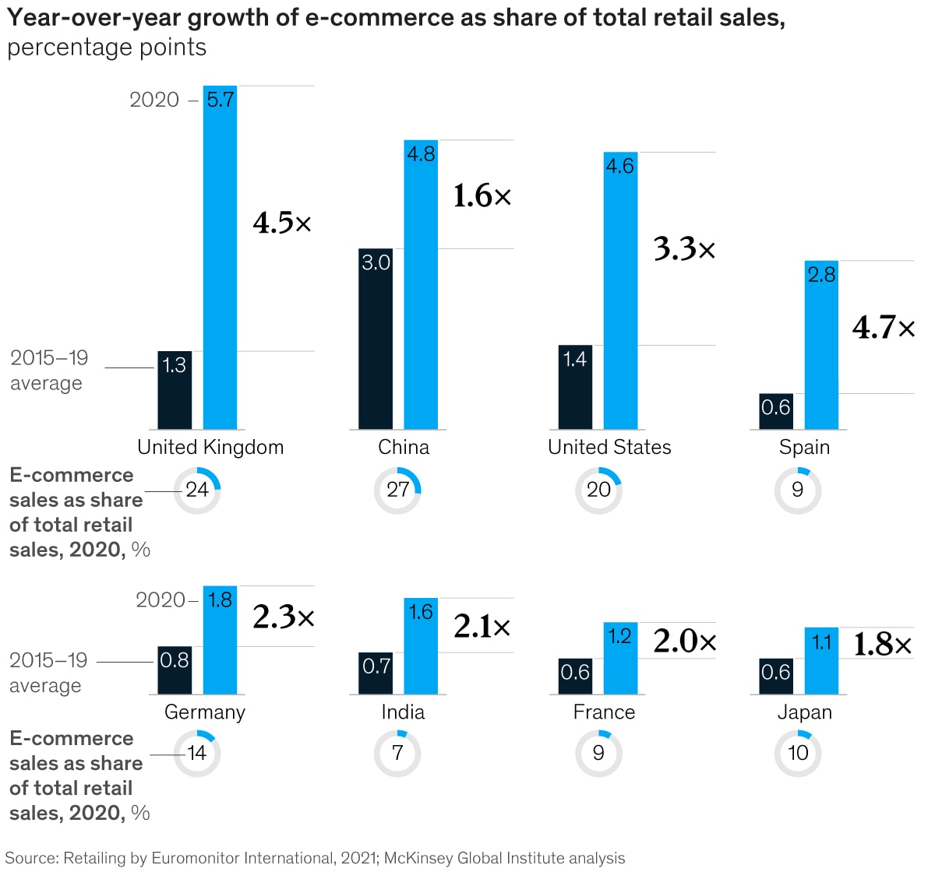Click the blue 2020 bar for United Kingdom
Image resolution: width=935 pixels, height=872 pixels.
click(220, 257)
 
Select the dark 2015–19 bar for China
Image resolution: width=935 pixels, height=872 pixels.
click(376, 339)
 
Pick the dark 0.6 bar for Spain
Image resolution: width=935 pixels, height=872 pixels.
click(776, 411)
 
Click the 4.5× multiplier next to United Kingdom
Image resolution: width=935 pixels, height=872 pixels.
click(282, 223)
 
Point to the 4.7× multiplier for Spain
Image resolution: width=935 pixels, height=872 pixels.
click(884, 328)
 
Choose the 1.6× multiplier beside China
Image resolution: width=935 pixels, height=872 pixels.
click(482, 196)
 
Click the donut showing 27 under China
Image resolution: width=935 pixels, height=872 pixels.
click(397, 490)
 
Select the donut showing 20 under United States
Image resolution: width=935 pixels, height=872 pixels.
click(598, 490)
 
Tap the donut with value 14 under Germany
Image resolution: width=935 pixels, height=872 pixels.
click(197, 753)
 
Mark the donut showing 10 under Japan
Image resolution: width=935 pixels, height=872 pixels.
click(798, 753)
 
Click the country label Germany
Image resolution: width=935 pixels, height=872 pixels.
click(205, 712)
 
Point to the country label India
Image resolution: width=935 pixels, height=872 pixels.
click(403, 712)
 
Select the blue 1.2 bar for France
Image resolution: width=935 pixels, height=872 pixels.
click(620, 658)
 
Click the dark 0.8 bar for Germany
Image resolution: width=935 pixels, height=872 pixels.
click(175, 670)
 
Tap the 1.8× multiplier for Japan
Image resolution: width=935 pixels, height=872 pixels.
click(882, 645)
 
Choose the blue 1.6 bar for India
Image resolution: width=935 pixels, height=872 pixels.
click(421, 645)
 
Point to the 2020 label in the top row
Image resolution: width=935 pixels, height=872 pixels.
click(154, 100)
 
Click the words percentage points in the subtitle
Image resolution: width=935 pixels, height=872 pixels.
click(107, 47)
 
